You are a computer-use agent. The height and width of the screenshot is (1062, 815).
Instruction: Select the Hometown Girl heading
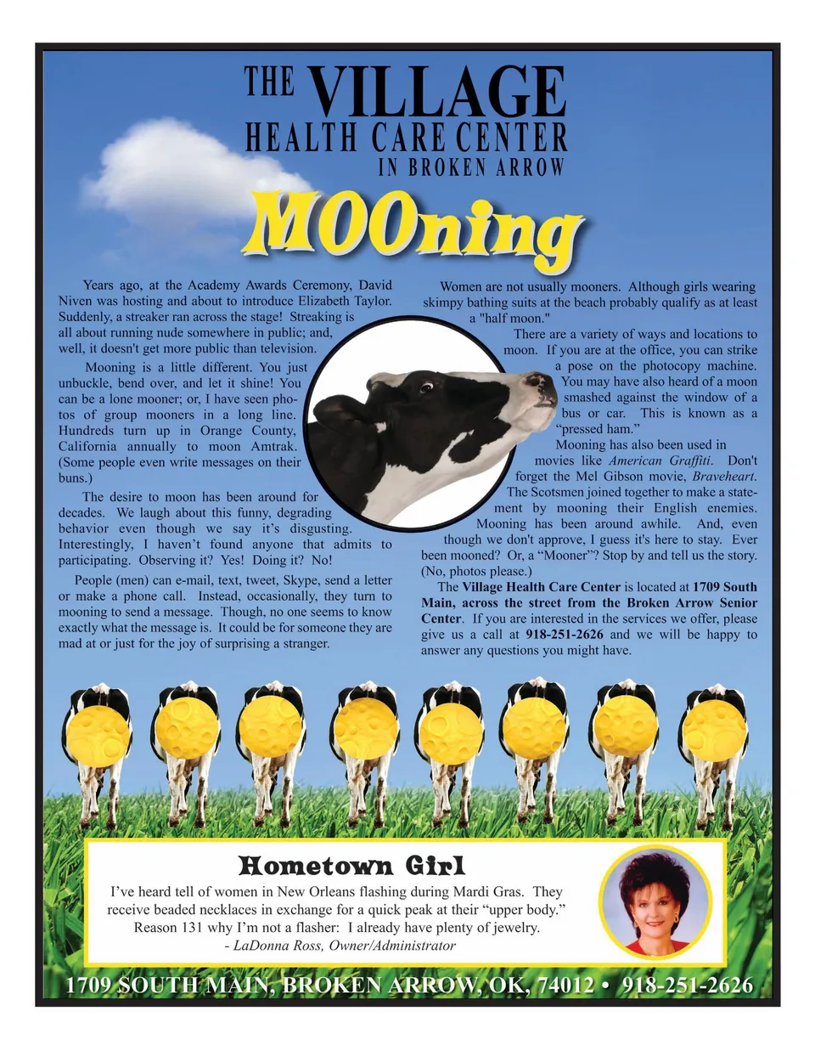[351, 866]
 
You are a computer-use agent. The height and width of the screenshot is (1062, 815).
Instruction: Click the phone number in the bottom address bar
[687, 986]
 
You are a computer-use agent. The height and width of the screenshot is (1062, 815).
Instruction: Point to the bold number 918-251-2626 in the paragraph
[565, 635]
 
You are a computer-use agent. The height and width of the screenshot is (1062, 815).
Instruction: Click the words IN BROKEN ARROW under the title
[471, 167]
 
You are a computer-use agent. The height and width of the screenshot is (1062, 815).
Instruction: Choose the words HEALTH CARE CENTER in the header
[406, 138]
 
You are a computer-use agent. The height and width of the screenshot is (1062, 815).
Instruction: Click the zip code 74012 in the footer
[565, 986]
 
